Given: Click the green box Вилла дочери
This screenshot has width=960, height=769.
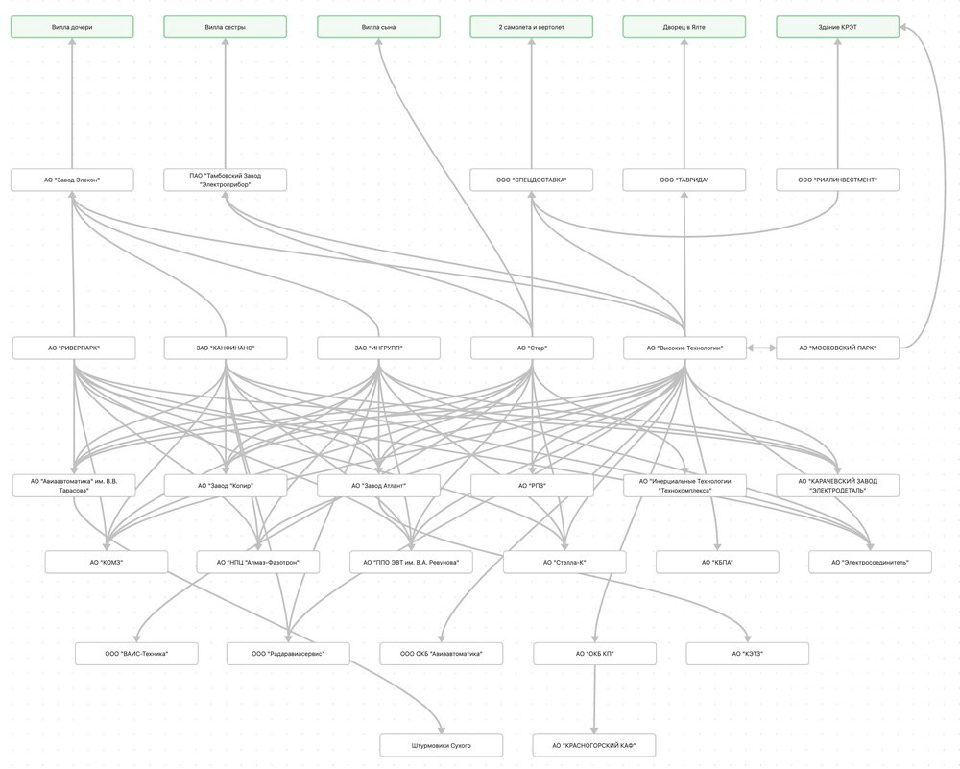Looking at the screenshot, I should point(72,27).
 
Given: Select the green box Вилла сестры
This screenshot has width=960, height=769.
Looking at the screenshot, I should point(225,27).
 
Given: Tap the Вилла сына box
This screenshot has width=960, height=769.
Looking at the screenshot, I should point(378,27).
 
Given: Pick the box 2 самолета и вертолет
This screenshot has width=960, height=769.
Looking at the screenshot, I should point(531,27).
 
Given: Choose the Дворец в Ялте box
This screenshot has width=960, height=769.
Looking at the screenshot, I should point(684,27).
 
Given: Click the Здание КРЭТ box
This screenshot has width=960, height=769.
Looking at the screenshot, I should point(838,27).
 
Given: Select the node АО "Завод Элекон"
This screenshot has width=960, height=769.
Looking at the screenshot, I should point(72,180).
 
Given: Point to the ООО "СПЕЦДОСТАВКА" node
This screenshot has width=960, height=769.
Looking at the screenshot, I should point(531,180).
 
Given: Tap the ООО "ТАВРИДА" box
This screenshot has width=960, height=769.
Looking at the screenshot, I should point(684,180).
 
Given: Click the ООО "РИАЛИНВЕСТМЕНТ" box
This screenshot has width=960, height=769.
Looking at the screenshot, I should point(838,180).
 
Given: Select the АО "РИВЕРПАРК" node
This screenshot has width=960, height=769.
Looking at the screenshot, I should point(74,348).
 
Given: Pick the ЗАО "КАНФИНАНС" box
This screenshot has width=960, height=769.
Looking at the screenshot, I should point(225,348).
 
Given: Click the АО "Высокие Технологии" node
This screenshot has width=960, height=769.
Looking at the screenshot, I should point(684,348).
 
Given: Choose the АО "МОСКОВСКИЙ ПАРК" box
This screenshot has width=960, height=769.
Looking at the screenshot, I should point(838,348).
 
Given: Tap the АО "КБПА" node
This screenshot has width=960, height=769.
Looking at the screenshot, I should point(717,562).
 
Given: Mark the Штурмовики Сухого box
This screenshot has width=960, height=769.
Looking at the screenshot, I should point(441,745).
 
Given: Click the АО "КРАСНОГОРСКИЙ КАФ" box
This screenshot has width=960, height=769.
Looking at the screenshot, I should point(594,745).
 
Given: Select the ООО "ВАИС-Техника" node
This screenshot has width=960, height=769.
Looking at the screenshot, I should point(136,654).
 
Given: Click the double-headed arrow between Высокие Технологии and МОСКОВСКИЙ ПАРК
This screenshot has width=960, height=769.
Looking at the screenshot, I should point(760,348).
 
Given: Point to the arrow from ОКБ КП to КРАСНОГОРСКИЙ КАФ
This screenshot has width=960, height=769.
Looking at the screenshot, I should point(594,699).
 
